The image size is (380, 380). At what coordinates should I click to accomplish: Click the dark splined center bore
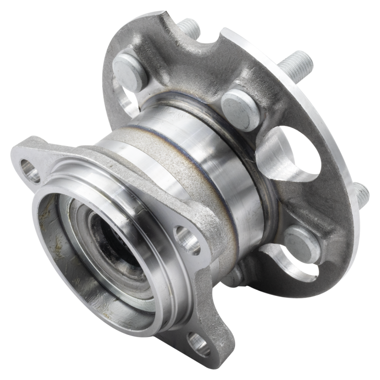tap(109, 237)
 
